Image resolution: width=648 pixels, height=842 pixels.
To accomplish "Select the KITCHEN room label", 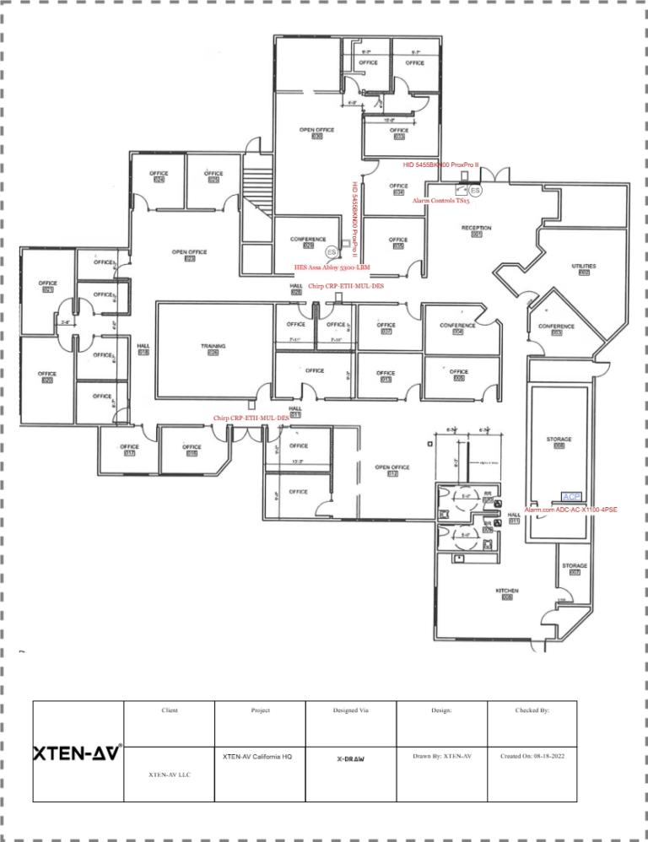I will (507, 591).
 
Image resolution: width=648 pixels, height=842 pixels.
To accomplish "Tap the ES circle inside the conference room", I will (332, 252).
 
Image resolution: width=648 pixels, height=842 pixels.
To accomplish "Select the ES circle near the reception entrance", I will (475, 192).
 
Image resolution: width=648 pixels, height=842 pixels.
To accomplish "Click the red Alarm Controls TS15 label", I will (440, 202).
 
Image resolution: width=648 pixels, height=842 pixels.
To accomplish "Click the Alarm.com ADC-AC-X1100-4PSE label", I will (570, 510).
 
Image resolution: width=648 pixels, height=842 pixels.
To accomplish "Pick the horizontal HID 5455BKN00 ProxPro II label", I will (440, 165).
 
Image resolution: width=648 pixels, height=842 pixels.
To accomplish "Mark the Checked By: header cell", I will (532, 711).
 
